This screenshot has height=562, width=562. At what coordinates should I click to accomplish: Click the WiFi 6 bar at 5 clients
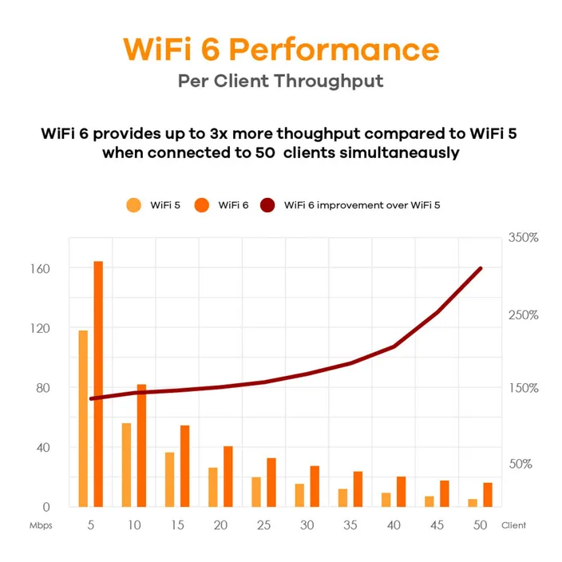(99, 383)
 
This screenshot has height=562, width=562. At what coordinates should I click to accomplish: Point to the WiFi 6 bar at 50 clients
(487, 494)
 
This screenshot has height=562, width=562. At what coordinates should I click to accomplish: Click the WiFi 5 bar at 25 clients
(255, 491)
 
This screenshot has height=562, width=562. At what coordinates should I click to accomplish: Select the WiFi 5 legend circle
(134, 205)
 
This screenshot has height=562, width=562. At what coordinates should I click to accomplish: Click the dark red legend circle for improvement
(267, 205)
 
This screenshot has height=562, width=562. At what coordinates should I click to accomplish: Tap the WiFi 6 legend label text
(233, 205)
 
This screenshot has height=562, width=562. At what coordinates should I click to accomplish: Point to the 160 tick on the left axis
(41, 268)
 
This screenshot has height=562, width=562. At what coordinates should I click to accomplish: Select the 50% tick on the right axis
(520, 464)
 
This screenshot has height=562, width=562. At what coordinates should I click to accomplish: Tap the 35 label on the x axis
(350, 525)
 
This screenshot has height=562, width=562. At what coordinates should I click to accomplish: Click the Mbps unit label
(41, 526)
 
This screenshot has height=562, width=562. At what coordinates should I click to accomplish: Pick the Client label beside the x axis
(514, 526)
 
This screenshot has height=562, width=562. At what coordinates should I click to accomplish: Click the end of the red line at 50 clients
(481, 268)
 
